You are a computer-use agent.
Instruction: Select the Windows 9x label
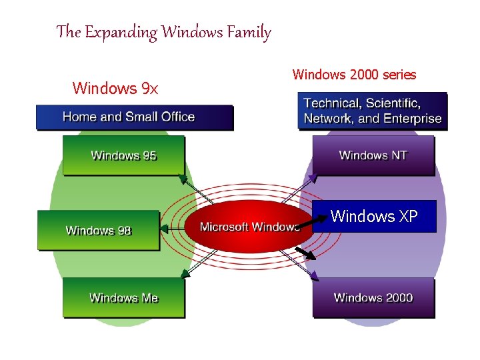coord(115,88)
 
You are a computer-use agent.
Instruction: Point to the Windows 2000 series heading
coord(354,75)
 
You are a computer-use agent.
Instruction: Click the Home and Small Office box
coord(134,117)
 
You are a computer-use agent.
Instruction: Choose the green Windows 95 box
coord(123,155)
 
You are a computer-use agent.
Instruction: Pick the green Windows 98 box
coord(99,231)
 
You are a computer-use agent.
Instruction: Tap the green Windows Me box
coord(123,297)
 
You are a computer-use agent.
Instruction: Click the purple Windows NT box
coord(373,155)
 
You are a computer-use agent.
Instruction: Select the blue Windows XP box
coord(374,216)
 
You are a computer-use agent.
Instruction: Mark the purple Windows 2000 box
coord(373,297)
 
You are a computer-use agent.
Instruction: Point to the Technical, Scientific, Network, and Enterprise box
coord(372,111)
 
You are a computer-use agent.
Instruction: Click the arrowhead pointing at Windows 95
coord(181,179)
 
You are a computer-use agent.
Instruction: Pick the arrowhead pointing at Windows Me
coord(185,274)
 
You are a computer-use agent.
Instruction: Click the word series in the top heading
coord(399,75)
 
